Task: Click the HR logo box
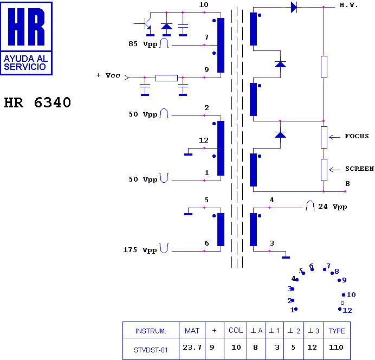(27, 38)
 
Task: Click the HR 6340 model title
(37, 102)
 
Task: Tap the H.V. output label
(348, 5)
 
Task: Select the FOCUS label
(357, 136)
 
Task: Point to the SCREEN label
(359, 169)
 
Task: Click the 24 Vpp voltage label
(332, 207)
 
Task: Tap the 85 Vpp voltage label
(143, 44)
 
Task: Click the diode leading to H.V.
(294, 7)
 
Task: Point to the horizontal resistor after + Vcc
(166, 78)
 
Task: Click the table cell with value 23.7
(192, 347)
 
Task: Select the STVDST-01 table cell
(151, 350)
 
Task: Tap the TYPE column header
(337, 331)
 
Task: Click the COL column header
(236, 331)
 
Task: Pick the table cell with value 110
(337, 347)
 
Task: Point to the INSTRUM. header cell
(151, 331)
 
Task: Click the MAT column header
(192, 331)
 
